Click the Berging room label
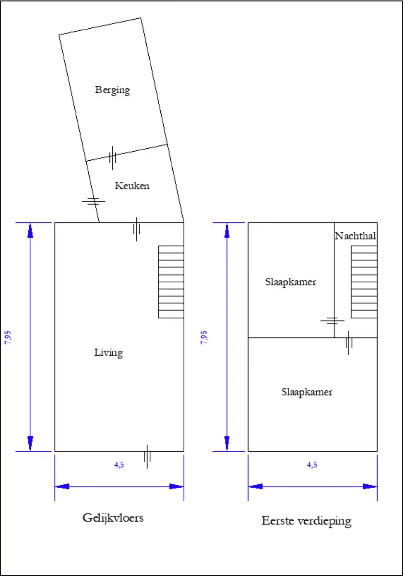tap(113, 90)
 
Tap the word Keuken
tap(132, 186)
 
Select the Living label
tap(108, 353)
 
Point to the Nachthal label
tap(356, 236)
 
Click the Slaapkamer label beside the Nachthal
tap(290, 282)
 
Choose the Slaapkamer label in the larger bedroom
tap(307, 392)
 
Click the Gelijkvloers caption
tap(113, 518)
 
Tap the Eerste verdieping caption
tap(307, 521)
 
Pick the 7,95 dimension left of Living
tap(8, 337)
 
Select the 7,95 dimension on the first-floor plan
tap(204, 337)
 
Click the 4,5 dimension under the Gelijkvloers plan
tap(119, 465)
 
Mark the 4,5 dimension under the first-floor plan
tap(312, 465)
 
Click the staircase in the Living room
tap(171, 282)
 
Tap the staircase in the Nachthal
tap(364, 282)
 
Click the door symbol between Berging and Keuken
tap(112, 157)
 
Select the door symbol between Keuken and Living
tap(136, 229)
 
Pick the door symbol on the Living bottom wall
tap(147, 456)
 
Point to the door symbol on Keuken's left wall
tap(94, 201)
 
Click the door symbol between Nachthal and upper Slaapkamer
tap(332, 321)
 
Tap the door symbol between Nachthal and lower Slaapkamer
tap(348, 343)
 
